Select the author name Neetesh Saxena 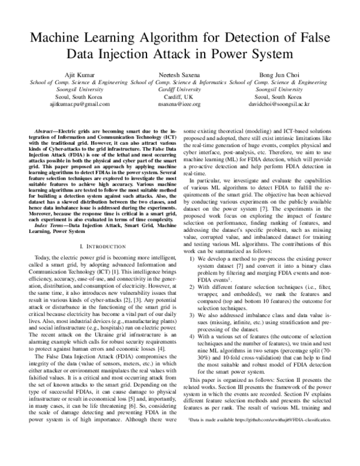coord(179,74)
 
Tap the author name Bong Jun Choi coord(280,74)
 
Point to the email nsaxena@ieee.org coord(179,103)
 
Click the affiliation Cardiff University coord(179,89)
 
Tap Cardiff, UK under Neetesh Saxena coord(179,96)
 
